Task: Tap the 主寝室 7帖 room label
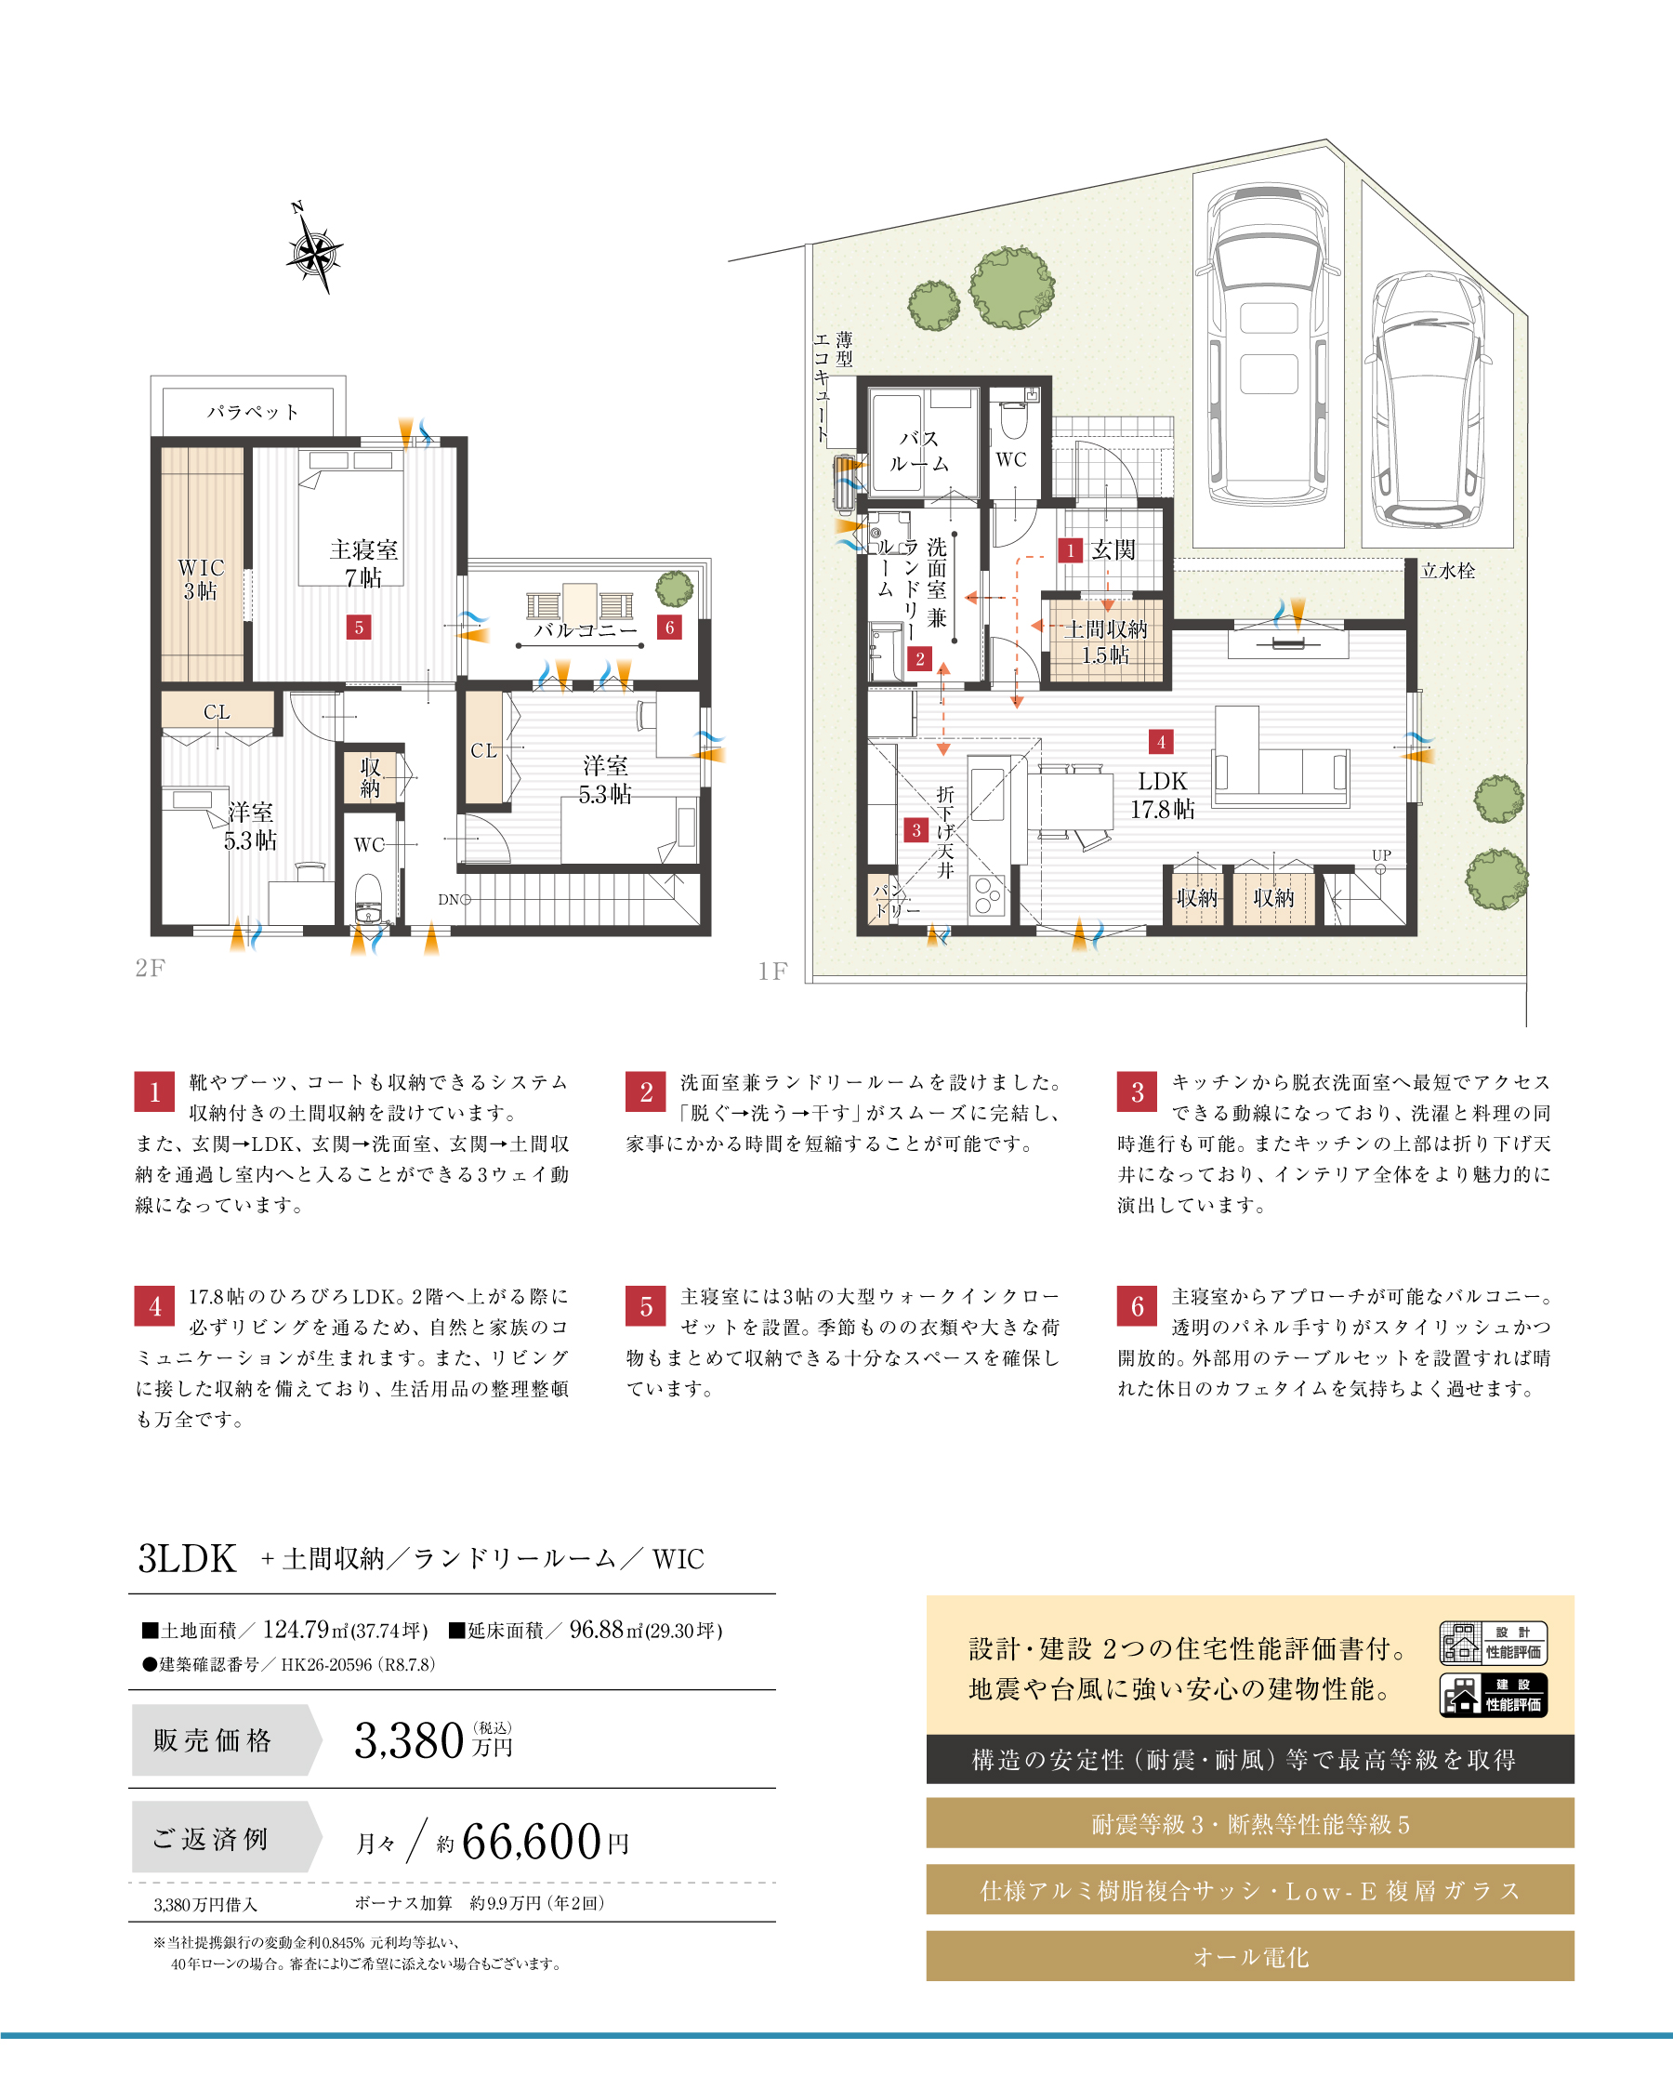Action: click(363, 564)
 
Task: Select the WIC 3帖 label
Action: click(201, 579)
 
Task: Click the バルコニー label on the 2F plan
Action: click(586, 630)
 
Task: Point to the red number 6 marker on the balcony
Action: click(669, 627)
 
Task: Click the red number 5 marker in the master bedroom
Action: click(359, 627)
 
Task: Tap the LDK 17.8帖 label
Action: click(1163, 795)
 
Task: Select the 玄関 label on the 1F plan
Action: click(1113, 549)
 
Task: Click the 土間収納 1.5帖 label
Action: click(1105, 641)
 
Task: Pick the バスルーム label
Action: click(919, 452)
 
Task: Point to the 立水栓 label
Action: click(1448, 571)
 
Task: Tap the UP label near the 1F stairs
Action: click(1381, 855)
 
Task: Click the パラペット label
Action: click(252, 412)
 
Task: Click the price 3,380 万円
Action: click(433, 1740)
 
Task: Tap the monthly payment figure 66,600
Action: click(532, 1841)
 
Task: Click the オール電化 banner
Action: click(1250, 1955)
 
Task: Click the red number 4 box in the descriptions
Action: click(154, 1305)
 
